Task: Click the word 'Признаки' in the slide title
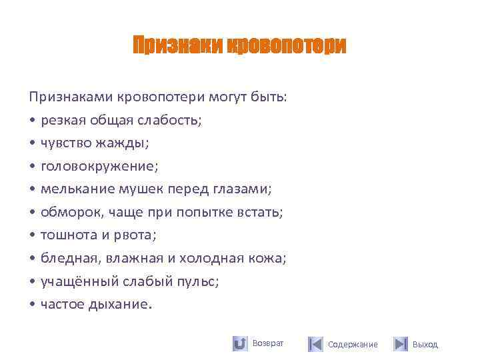pos(177,46)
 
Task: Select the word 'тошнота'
pos(67,235)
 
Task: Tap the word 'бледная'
pos(67,258)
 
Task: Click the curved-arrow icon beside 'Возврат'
pos(240,344)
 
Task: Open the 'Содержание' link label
pos(353,345)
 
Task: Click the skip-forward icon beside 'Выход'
pos(400,344)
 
